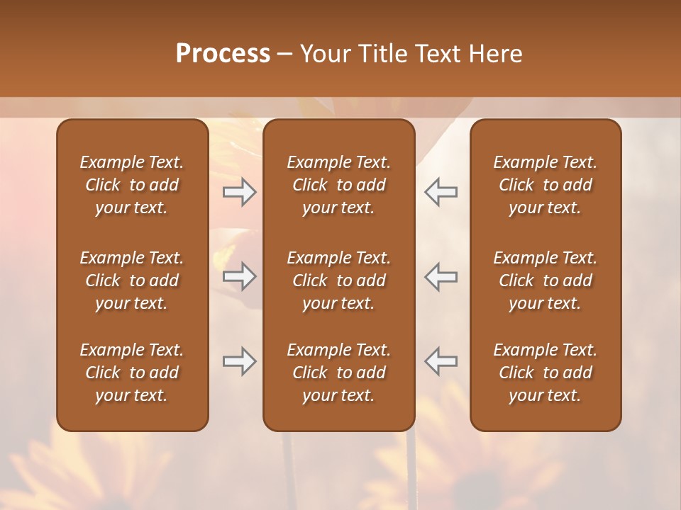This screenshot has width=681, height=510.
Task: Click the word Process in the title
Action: tap(223, 54)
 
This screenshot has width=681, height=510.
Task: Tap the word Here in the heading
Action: tap(495, 54)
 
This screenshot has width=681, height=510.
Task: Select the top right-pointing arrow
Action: tap(240, 192)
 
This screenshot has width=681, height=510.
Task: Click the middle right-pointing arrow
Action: tap(240, 276)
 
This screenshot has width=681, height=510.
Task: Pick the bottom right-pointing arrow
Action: tap(240, 361)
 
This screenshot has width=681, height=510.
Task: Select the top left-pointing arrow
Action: tap(441, 192)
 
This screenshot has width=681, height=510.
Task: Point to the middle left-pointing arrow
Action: tap(441, 276)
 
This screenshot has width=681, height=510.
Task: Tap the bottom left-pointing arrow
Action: tap(441, 361)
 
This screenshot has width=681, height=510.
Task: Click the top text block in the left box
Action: tap(132, 185)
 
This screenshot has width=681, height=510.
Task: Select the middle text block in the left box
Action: tap(132, 280)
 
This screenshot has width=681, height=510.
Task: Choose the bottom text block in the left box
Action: tap(132, 373)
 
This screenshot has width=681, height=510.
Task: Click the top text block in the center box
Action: tap(338, 185)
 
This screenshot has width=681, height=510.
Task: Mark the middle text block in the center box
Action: tap(338, 280)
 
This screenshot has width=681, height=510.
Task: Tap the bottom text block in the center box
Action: tap(338, 373)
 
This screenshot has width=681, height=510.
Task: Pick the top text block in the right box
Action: tap(545, 185)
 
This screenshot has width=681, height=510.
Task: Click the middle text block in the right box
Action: tap(545, 280)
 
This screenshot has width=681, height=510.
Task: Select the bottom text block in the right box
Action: tap(545, 373)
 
